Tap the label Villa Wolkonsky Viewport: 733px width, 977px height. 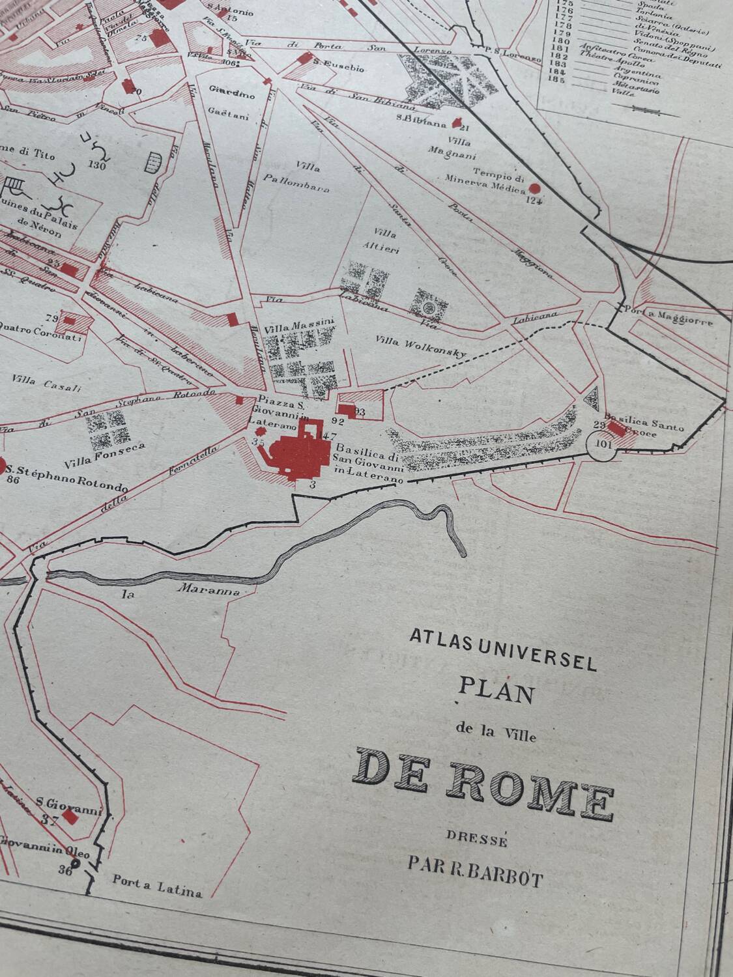pyautogui.click(x=422, y=347)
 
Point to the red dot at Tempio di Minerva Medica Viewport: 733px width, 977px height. pyautogui.click(x=535, y=188)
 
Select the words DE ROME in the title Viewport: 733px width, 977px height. pyautogui.click(x=484, y=781)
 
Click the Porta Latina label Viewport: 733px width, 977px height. pyautogui.click(x=157, y=888)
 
